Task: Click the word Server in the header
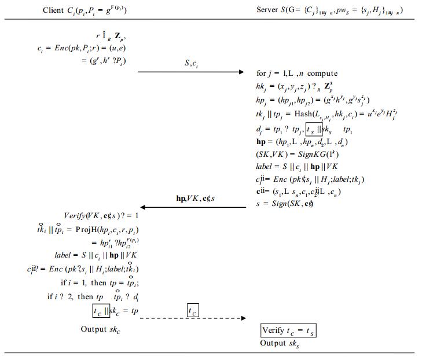coord(269,10)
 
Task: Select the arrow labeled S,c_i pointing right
coord(191,72)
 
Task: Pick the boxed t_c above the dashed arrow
coord(193,310)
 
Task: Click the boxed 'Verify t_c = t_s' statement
coord(288,331)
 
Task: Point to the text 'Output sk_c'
coord(101,330)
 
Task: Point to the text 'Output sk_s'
coord(280,343)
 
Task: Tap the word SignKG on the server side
coord(309,155)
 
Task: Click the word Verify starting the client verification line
coord(75,216)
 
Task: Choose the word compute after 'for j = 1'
coord(322,74)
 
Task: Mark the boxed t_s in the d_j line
coord(313,128)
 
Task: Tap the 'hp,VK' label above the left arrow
coord(188,198)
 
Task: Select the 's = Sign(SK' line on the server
coord(287,204)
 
